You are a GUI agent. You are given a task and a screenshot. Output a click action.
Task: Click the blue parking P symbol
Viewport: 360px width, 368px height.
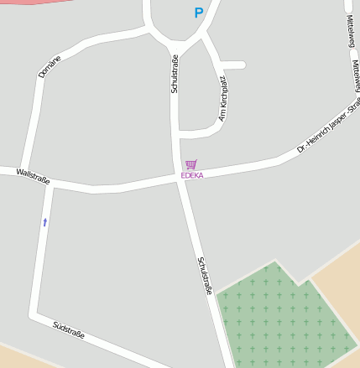pyautogui.click(x=199, y=13)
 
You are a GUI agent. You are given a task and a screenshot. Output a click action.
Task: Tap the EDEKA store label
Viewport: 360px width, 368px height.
pyautogui.click(x=192, y=175)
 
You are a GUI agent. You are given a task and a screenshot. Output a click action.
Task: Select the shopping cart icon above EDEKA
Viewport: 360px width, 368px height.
pyautogui.click(x=191, y=164)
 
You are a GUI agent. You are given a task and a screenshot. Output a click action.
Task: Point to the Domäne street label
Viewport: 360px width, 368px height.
pyautogui.click(x=50, y=66)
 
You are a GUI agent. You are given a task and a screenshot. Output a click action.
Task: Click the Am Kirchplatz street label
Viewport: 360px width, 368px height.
pyautogui.click(x=222, y=98)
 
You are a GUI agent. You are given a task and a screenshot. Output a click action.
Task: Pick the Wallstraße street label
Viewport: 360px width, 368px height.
pyautogui.click(x=33, y=176)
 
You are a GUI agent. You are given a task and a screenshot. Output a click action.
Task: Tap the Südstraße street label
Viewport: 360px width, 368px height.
pyautogui.click(x=69, y=329)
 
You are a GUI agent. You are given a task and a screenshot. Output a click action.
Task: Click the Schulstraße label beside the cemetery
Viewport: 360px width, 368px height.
pyautogui.click(x=205, y=275)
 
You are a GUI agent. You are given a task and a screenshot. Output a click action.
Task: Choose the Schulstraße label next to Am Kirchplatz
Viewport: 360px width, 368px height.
pyautogui.click(x=175, y=73)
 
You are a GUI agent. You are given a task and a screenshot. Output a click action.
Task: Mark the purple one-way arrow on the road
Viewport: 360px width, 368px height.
pyautogui.click(x=44, y=222)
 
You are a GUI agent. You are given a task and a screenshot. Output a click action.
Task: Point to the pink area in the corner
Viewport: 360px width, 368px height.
pyautogui.click(x=34, y=3)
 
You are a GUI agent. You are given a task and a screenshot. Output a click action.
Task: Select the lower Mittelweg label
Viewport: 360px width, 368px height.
pyautogui.click(x=356, y=75)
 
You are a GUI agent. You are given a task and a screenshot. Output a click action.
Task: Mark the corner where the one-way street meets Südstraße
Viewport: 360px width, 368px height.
pyautogui.click(x=34, y=314)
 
